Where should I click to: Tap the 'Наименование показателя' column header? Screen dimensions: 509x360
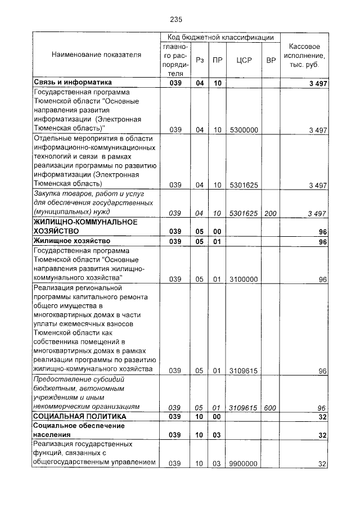[96, 55]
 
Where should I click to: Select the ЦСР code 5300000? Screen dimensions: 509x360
[244, 130]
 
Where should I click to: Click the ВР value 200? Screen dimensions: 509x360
[271, 213]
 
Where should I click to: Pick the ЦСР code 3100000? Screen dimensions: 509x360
[244, 279]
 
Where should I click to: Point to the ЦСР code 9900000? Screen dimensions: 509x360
[244, 464]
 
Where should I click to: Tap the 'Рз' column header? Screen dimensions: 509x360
[199, 59]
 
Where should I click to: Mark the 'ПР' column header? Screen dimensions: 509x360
[217, 59]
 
